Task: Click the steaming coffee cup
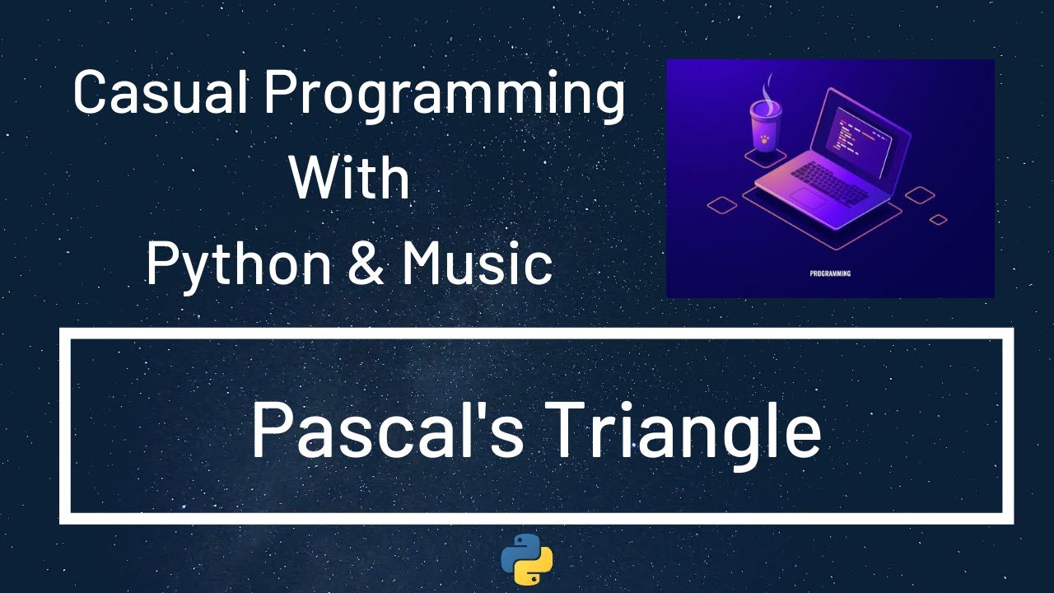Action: tap(764, 128)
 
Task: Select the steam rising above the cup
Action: tap(767, 86)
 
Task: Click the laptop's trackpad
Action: tap(809, 198)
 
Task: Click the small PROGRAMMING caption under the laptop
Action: tap(830, 273)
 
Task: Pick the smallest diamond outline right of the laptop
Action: tap(938, 219)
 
